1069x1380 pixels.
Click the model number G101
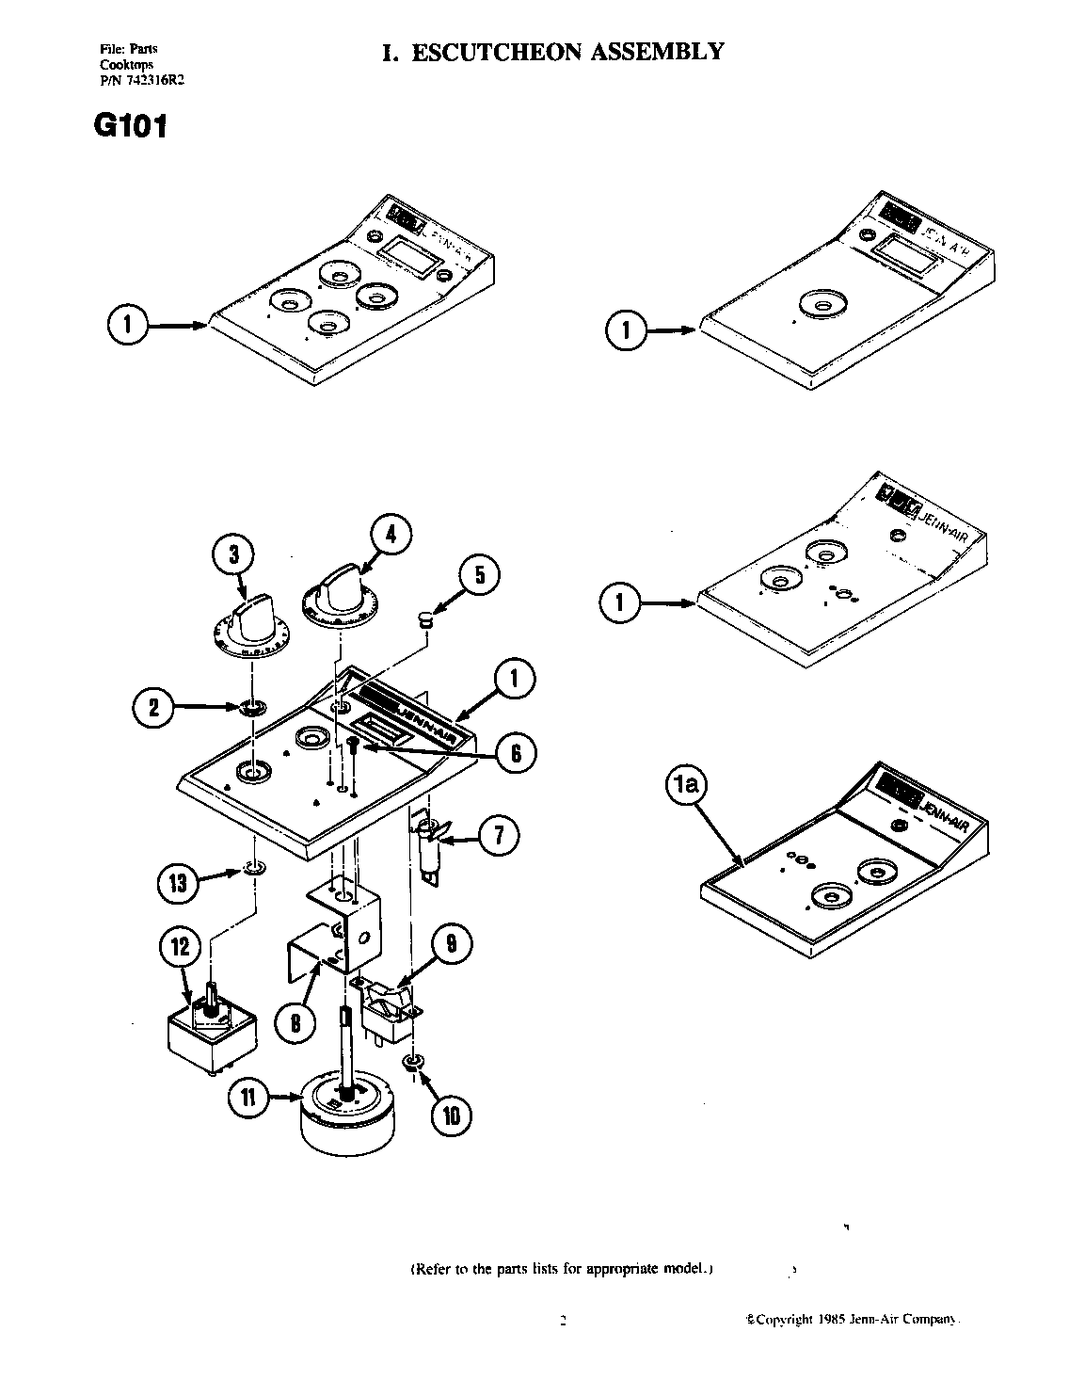pyautogui.click(x=130, y=126)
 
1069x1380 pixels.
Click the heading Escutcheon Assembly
pyautogui.click(x=553, y=51)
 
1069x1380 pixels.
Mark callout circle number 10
pyautogui.click(x=451, y=1115)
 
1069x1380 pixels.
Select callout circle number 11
pyautogui.click(x=247, y=1098)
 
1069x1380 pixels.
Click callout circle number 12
pyautogui.click(x=180, y=946)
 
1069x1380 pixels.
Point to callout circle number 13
pyautogui.click(x=177, y=883)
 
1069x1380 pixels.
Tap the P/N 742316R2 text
pyautogui.click(x=141, y=81)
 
